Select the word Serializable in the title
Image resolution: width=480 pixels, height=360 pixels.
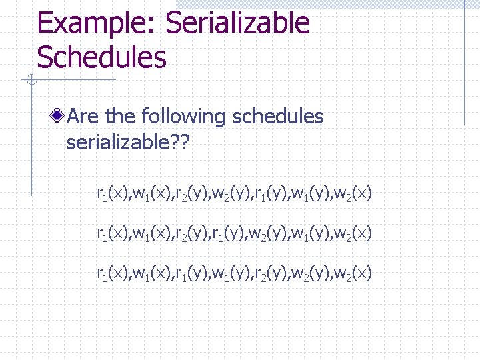click(x=237, y=24)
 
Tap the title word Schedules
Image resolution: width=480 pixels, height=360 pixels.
click(x=101, y=57)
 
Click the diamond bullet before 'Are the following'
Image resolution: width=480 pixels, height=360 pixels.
click(x=59, y=117)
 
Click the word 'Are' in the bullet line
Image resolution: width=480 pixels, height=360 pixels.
click(x=83, y=117)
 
